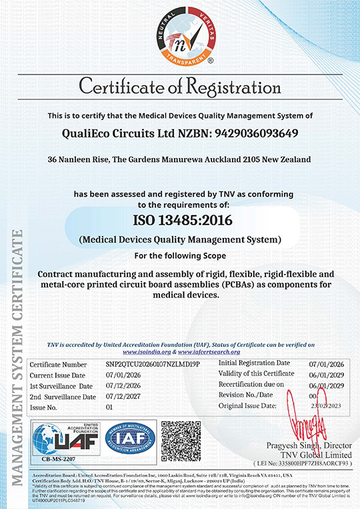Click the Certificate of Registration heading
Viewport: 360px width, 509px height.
click(180, 87)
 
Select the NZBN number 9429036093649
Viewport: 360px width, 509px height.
click(255, 133)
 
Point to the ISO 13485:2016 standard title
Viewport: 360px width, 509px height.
click(180, 219)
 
